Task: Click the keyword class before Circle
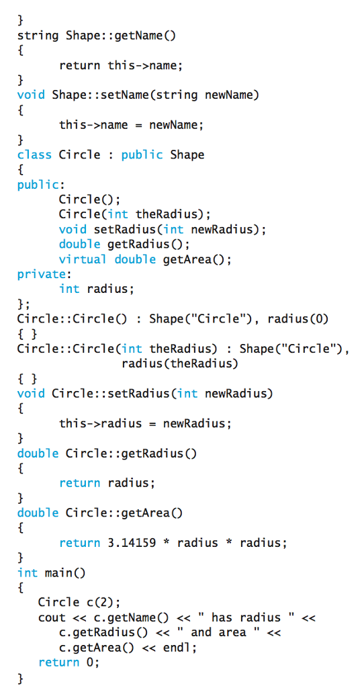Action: point(34,155)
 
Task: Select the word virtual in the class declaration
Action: point(83,259)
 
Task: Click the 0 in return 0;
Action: point(90,662)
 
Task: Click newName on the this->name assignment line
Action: point(174,125)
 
